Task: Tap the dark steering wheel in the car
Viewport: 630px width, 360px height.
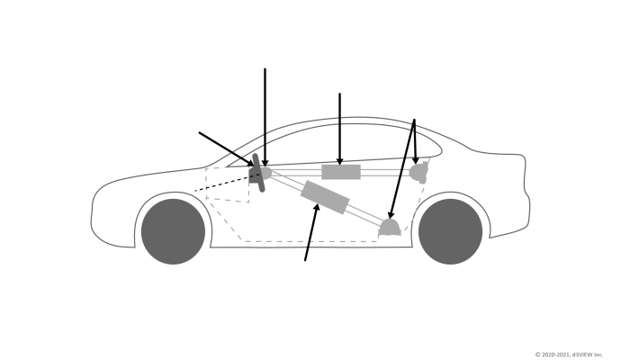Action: pyautogui.click(x=257, y=173)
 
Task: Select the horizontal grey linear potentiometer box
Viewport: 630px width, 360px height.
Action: pyautogui.click(x=341, y=171)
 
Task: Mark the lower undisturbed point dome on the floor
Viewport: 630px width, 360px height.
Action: pyautogui.click(x=389, y=226)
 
